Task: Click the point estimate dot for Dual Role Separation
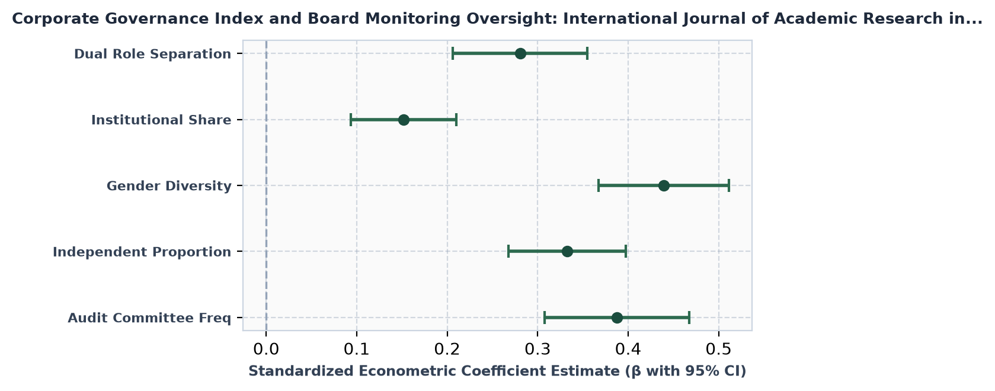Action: (520, 54)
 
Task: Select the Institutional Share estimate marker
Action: (404, 120)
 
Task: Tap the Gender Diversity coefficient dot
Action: (664, 185)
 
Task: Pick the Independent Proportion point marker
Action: (567, 252)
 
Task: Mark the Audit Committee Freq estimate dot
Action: (617, 318)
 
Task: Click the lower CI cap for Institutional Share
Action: (351, 120)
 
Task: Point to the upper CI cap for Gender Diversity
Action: (729, 185)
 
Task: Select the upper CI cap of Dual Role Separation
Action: (587, 54)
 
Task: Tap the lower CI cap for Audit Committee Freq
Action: (545, 318)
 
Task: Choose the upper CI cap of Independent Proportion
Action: (626, 252)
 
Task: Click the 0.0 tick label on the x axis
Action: (266, 350)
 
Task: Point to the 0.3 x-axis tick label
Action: (538, 350)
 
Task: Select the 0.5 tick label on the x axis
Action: (718, 350)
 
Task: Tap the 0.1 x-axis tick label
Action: (357, 350)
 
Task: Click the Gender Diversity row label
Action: (169, 186)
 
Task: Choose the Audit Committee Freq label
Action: (150, 318)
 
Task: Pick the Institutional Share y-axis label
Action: (162, 120)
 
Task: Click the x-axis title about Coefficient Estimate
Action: (497, 371)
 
